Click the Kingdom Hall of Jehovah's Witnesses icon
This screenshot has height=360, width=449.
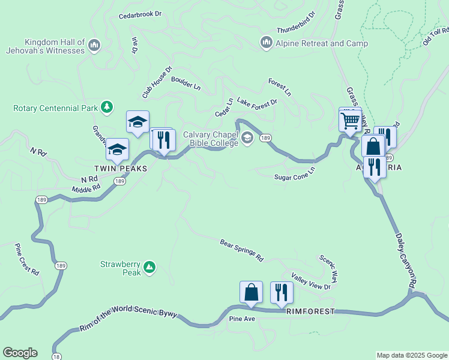[x=94, y=46]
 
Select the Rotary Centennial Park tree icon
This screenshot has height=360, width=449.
[x=107, y=107]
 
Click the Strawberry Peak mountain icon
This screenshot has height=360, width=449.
[x=149, y=266]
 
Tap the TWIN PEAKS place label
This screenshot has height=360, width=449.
[x=120, y=169]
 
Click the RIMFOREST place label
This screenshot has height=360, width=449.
[x=309, y=312]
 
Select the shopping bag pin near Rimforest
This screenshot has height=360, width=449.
[x=251, y=292]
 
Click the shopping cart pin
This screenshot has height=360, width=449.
[x=350, y=120]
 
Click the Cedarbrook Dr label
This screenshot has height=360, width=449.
[x=140, y=13]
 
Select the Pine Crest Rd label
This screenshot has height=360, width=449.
[x=27, y=259]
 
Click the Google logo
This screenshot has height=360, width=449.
[x=20, y=353]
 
